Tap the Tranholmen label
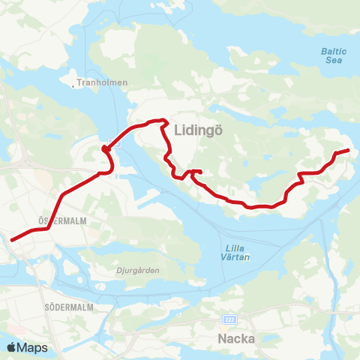pos(105,82)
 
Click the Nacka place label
pos(235,338)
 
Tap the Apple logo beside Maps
pos(12,347)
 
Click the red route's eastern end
pos(349,151)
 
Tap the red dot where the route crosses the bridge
pos(106,148)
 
